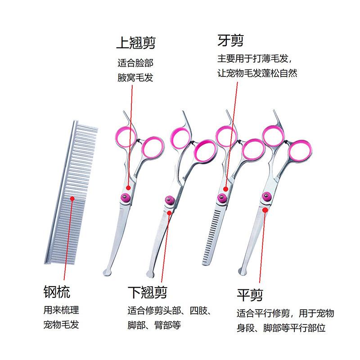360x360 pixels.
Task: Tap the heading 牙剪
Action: point(230,41)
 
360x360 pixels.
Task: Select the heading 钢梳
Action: point(57,291)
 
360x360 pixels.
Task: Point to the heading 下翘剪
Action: point(147,292)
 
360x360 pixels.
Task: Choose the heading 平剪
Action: point(250,295)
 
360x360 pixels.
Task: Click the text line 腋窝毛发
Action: point(135,78)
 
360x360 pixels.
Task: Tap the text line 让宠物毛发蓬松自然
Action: point(257,73)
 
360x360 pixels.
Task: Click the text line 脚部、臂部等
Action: point(154,325)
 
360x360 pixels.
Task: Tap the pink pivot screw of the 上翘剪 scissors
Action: point(125,197)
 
